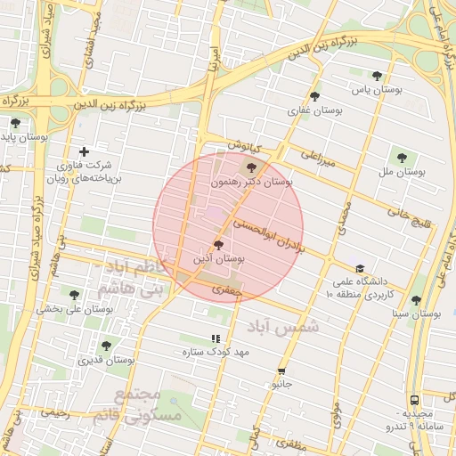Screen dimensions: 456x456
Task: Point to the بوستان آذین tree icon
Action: point(218,244)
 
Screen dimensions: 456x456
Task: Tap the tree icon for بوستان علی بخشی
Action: point(74,295)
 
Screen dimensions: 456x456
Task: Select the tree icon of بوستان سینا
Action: point(416,301)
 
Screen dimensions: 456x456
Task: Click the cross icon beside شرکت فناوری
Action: point(85,151)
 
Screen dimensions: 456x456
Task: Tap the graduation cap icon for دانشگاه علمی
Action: point(360,268)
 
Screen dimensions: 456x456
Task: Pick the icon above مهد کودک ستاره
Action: point(215,338)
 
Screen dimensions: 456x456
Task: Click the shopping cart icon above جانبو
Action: point(281,371)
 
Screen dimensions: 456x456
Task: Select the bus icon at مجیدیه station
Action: point(415,401)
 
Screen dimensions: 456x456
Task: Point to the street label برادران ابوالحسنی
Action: point(269,235)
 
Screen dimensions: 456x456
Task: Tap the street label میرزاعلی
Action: point(317,159)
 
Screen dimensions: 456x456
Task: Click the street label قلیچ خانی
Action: point(409,215)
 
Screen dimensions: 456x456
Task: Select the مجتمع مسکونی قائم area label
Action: point(148,405)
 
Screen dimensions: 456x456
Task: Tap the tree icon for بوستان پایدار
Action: point(15,123)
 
